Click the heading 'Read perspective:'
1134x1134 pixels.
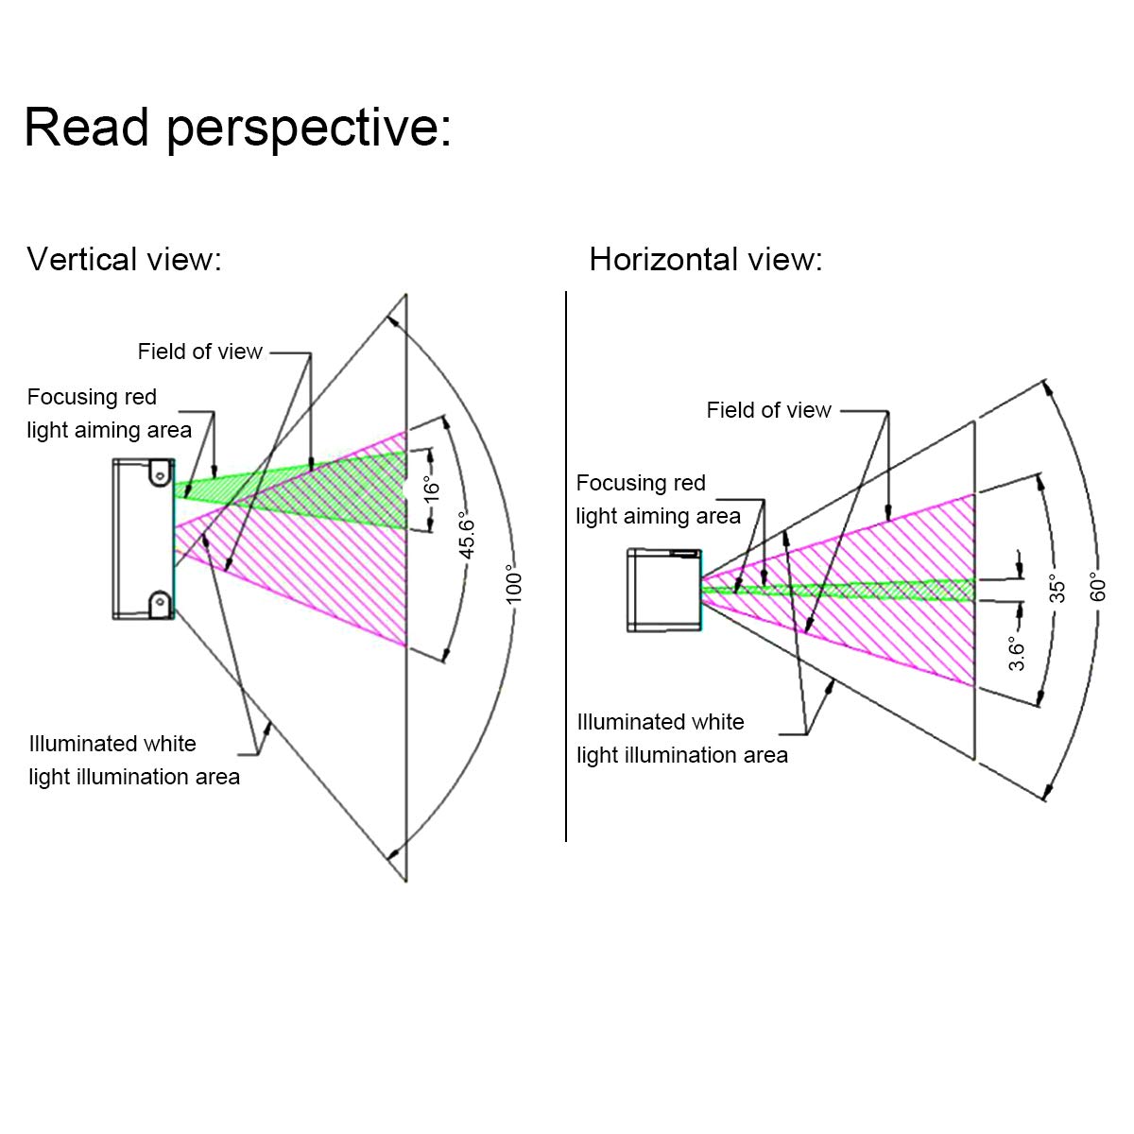click(x=237, y=127)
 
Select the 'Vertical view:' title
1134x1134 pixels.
click(x=124, y=259)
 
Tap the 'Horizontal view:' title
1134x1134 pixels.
click(x=705, y=259)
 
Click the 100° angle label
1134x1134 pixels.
click(x=513, y=584)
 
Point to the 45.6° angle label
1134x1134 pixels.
click(x=467, y=536)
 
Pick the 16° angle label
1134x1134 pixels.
click(x=431, y=489)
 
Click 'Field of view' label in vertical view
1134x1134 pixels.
click(x=199, y=352)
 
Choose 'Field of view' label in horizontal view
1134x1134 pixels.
click(x=768, y=410)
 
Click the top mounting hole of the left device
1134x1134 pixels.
click(x=162, y=470)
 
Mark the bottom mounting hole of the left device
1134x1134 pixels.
click(x=162, y=601)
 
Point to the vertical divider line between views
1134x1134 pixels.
click(x=566, y=567)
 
